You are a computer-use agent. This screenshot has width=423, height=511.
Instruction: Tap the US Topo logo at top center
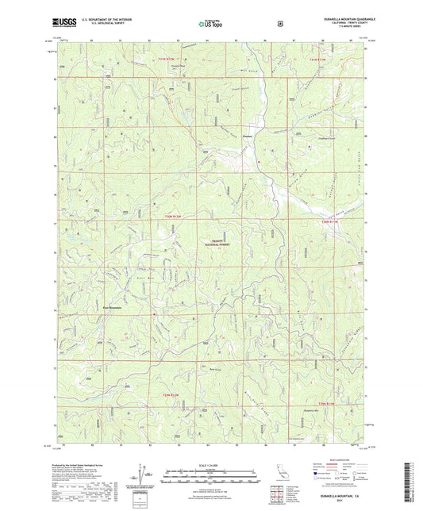point(205,25)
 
